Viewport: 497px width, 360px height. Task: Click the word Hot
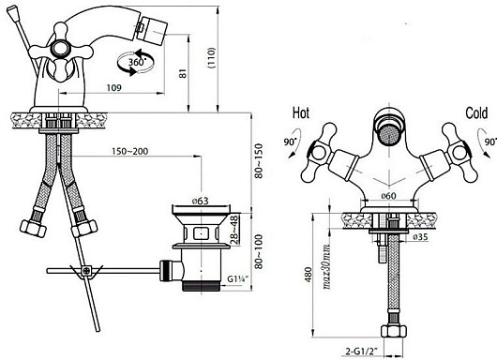300,113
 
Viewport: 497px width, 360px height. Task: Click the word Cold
476,113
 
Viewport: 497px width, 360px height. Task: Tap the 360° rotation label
137,62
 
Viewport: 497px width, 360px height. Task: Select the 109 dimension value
113,87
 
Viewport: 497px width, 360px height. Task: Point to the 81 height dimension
183,73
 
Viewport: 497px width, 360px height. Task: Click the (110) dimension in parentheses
211,58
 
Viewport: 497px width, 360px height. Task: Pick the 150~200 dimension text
129,151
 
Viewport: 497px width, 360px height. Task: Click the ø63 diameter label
200,201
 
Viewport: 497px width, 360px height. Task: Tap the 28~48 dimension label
234,230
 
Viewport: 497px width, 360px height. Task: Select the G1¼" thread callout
237,279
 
